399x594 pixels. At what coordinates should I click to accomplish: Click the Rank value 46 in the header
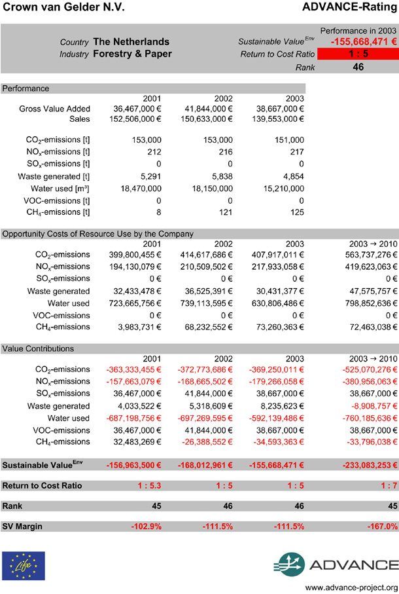358,67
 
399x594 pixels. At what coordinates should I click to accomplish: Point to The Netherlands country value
131,42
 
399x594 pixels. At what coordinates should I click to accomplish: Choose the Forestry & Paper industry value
132,54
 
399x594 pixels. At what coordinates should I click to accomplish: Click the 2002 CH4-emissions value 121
226,212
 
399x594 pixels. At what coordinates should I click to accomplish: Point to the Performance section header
26,88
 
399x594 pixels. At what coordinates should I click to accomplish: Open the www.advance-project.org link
351,586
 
